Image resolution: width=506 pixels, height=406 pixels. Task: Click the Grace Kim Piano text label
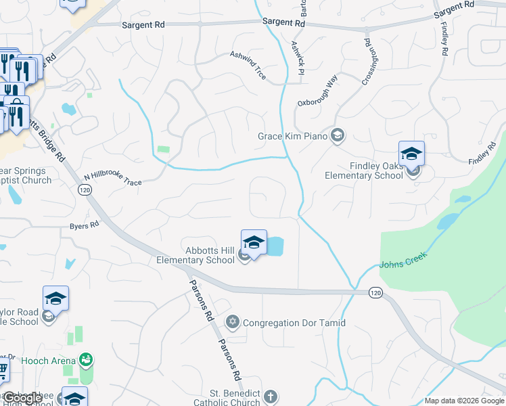pos(292,137)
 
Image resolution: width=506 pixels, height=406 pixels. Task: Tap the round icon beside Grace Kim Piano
pos(338,137)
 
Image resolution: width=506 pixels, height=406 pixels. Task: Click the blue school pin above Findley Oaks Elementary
pos(411,154)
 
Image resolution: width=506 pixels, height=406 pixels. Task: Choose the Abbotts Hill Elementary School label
pos(195,254)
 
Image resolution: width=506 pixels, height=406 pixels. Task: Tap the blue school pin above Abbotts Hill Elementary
pos(254,242)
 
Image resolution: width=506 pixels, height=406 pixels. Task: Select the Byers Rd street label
pos(84,226)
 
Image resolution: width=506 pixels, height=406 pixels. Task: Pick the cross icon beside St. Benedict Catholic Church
pos(270,397)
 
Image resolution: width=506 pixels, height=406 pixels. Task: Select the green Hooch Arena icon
pos(86,359)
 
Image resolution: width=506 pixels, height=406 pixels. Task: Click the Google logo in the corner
pos(22,398)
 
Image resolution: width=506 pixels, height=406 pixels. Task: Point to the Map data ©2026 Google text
pos(465,401)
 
